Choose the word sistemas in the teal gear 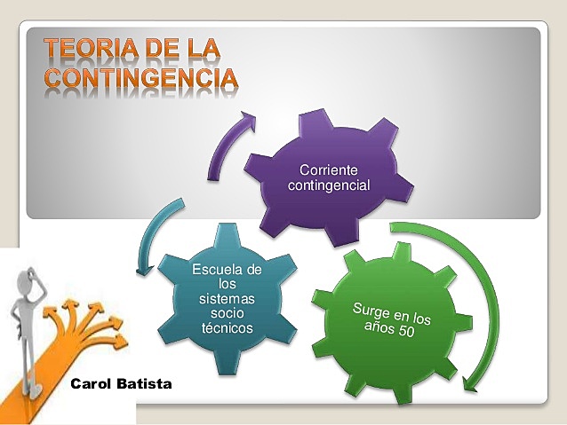click(227, 299)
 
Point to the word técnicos click(227, 328)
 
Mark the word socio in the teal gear click(227, 314)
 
